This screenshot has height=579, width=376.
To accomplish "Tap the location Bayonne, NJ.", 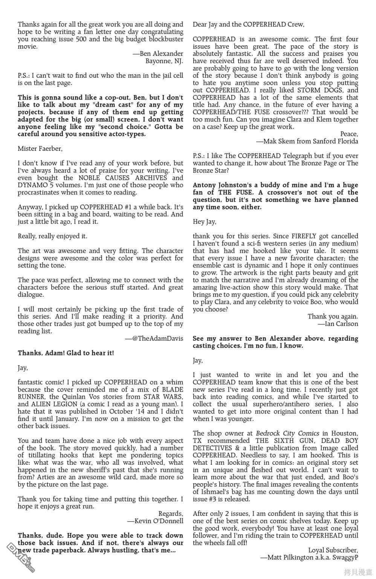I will [164, 61].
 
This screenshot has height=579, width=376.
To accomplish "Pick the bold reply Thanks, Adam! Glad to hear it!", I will [66, 353].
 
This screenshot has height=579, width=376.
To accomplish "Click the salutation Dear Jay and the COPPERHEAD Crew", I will [248, 25].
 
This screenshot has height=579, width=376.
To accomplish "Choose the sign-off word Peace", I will [349, 134].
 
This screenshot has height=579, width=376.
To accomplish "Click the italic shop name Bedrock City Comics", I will [287, 433].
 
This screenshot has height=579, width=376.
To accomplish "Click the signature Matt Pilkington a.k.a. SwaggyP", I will [309, 557].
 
